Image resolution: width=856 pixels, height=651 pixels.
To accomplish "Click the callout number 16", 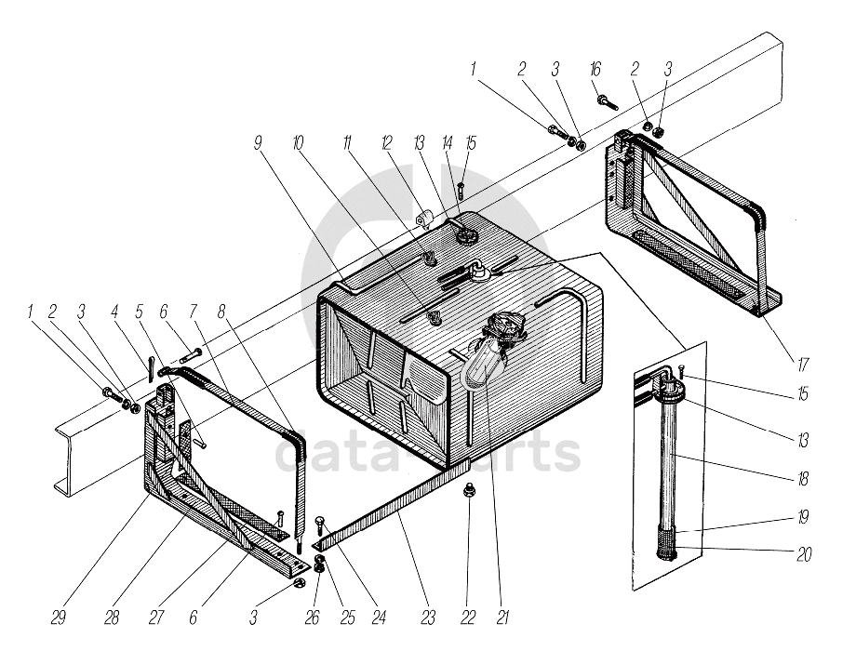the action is pos(595,70).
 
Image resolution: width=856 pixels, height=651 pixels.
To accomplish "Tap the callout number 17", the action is pos(802,364).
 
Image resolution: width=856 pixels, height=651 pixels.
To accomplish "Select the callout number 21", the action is pos(502,618).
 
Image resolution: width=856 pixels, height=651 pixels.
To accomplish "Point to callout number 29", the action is pos(59,618).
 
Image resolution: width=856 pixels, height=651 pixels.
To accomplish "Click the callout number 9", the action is pos(257,143).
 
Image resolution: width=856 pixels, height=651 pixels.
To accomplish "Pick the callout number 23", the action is pos(428,618).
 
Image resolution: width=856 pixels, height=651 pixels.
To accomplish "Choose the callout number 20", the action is pos(804,554).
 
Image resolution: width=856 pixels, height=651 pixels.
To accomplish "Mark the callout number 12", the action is pos(387,143).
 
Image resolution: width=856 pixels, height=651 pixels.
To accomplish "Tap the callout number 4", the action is pos(114,312).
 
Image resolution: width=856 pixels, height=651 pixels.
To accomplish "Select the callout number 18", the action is pos(802,479).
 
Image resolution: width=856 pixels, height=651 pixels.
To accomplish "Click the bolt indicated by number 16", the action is pos(607,102).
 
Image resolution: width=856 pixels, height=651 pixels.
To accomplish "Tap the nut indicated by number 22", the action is pos(468,491).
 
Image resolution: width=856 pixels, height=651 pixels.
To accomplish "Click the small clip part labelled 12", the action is pos(424,219).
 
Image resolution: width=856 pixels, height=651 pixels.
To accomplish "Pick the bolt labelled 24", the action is pos(320,523).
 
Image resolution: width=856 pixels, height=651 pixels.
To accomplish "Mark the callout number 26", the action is pos(312,618).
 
